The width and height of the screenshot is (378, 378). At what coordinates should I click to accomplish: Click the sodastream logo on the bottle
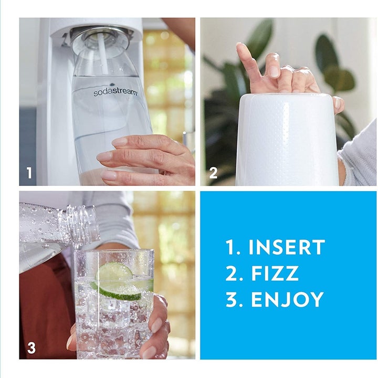click(115, 92)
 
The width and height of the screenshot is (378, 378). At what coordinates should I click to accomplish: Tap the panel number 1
click(29, 173)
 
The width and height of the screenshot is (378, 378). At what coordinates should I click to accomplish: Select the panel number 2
click(213, 173)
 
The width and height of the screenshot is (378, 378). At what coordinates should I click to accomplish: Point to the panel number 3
click(31, 347)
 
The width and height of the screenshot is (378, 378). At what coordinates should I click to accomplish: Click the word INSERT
click(287, 247)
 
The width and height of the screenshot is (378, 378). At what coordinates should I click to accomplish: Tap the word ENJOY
click(287, 299)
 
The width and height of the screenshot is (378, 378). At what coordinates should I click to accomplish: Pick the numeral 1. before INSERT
click(232, 247)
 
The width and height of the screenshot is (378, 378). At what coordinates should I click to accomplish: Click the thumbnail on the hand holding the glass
click(157, 325)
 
